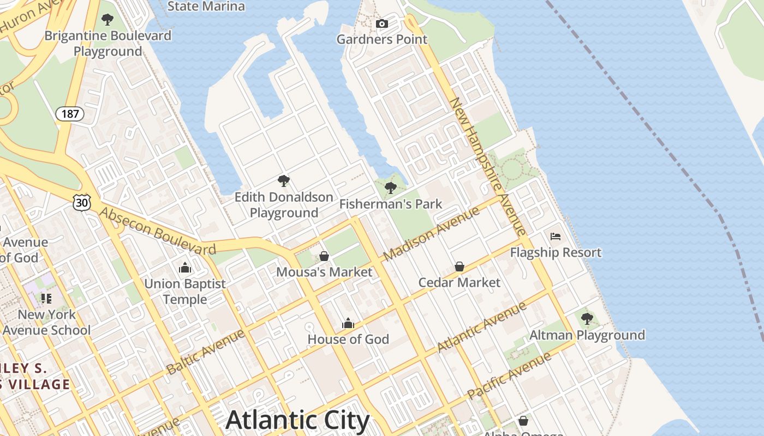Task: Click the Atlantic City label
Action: (297, 420)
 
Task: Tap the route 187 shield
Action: (70, 114)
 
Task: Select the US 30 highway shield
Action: (81, 203)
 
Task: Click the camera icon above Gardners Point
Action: (382, 23)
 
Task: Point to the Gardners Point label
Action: (381, 39)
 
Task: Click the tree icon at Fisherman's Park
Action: (390, 188)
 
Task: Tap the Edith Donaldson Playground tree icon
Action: (283, 181)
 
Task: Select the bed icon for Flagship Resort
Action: (556, 237)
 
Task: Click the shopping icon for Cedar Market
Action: (459, 267)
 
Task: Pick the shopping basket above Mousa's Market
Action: (324, 256)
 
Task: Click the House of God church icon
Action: (348, 324)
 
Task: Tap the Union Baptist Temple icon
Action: (185, 268)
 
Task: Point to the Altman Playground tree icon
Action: (587, 319)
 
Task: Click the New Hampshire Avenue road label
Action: (487, 166)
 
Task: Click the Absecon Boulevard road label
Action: (157, 232)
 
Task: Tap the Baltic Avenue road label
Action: (206, 352)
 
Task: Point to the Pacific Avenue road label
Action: (509, 376)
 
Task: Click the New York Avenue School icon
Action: (46, 298)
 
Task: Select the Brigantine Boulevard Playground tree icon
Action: (108, 20)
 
